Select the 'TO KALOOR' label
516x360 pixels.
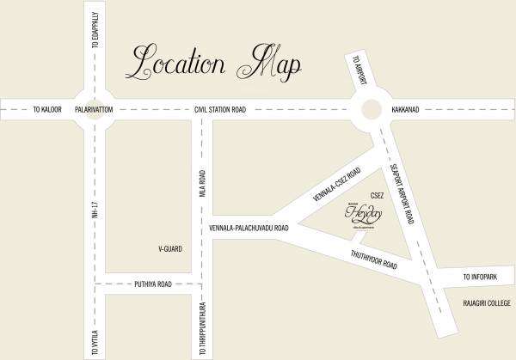[x=48, y=110]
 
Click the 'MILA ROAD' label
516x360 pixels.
[x=204, y=188]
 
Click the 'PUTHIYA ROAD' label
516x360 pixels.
[x=153, y=283]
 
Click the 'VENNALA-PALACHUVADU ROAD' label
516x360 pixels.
[x=261, y=229]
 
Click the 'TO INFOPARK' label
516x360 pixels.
[x=482, y=278]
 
